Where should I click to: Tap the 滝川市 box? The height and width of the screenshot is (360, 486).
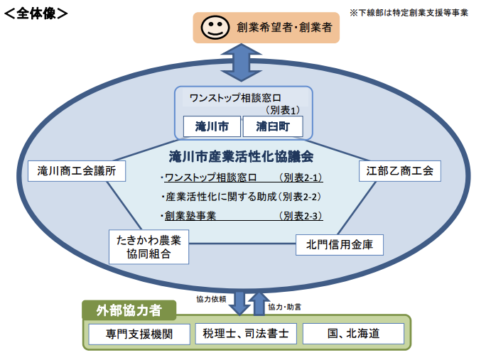coord(212,126)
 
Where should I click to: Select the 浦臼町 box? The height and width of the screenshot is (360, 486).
coord(273,126)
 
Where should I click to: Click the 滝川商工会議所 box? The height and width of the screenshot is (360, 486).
coord(77,171)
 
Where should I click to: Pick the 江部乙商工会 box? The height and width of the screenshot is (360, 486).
coord(399,171)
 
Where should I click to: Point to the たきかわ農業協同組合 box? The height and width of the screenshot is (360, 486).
coord(149,246)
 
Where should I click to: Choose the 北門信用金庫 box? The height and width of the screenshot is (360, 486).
coord(340,246)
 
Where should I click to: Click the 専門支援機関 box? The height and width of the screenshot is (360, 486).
coord(140,334)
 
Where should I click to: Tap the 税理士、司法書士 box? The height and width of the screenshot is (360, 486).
coord(245,334)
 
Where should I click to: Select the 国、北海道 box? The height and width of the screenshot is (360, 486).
coord(353,334)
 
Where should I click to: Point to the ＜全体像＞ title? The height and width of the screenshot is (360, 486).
coord(35,13)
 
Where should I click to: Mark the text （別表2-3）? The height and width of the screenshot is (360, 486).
coord(301,216)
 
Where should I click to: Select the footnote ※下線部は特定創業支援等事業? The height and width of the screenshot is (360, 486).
coord(409,12)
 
